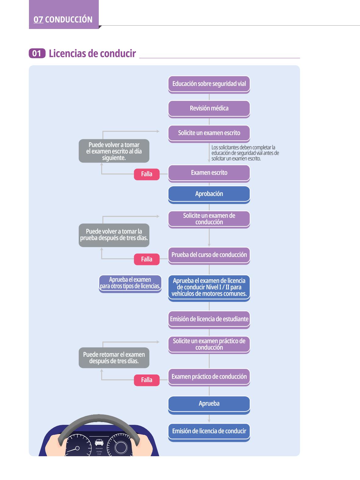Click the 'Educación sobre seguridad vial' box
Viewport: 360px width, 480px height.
click(209, 84)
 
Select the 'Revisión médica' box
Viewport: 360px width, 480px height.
click(209, 109)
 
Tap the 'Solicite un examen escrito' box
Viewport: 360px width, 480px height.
click(209, 134)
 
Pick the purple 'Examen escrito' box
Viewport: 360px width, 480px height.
click(209, 174)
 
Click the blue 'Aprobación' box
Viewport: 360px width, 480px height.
click(209, 195)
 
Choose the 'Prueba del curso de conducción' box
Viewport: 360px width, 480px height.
click(209, 256)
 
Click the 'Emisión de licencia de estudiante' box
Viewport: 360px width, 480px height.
click(209, 320)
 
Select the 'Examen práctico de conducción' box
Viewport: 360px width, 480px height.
click(209, 377)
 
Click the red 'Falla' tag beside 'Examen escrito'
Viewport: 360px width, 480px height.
click(147, 174)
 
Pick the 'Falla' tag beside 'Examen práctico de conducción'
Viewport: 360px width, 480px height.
click(147, 380)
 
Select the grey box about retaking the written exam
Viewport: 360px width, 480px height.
click(114, 151)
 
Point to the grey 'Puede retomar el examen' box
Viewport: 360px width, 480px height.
click(114, 358)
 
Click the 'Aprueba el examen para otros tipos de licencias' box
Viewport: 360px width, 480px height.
click(130, 284)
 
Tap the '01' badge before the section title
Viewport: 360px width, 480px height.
click(37, 53)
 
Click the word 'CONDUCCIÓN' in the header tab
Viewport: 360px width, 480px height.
click(69, 20)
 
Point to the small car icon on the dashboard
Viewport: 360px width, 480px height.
click(99, 442)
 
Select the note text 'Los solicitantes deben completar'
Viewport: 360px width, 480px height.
click(243, 147)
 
